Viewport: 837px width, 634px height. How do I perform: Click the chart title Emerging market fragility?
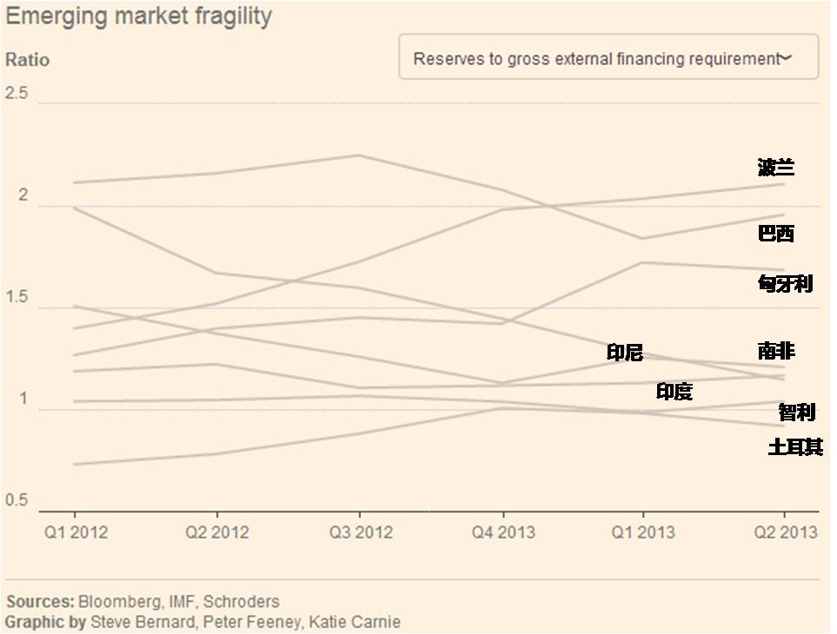pyautogui.click(x=138, y=16)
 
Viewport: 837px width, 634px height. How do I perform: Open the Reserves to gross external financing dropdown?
pyautogui.click(x=608, y=58)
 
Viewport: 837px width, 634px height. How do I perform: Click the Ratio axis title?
pyautogui.click(x=28, y=60)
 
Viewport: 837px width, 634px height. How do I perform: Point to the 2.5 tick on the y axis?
pyautogui.click(x=17, y=94)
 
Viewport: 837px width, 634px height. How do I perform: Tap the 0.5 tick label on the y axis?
pyautogui.click(x=17, y=501)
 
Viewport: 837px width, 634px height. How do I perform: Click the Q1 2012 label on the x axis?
pyautogui.click(x=76, y=532)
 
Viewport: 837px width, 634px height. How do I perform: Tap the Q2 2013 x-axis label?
pyautogui.click(x=785, y=532)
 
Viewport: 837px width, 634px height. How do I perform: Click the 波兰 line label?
pyautogui.click(x=775, y=168)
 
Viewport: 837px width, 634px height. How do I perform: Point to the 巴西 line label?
pyautogui.click(x=775, y=233)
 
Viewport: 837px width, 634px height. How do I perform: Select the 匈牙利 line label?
pyautogui.click(x=785, y=283)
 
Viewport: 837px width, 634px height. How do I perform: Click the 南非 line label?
pyautogui.click(x=775, y=351)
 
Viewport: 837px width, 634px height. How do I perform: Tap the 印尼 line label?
pyautogui.click(x=624, y=353)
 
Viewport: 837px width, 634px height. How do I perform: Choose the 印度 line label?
pyautogui.click(x=674, y=392)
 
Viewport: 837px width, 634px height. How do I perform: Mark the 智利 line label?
pyautogui.click(x=796, y=412)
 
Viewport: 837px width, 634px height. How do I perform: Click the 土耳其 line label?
pyautogui.click(x=794, y=447)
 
